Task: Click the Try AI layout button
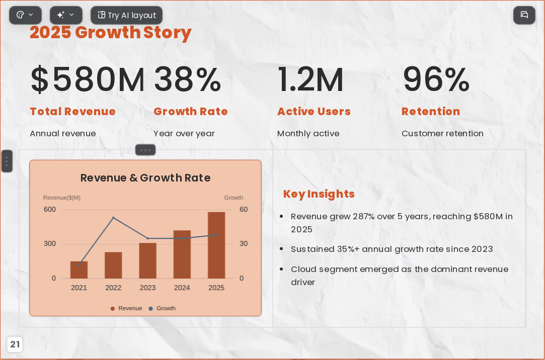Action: [x=126, y=15]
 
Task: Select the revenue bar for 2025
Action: [x=216, y=245]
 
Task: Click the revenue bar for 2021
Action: [x=79, y=269]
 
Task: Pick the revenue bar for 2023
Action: [x=148, y=261]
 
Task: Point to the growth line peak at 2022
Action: [x=113, y=218]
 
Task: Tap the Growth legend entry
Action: [x=162, y=308]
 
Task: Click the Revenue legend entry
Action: [x=126, y=308]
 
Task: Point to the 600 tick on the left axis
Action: [x=50, y=209]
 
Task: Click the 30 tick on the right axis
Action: [x=244, y=244]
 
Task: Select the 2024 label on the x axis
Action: [x=182, y=288]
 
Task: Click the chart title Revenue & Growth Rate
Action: [x=145, y=178]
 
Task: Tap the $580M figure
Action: [x=87, y=79]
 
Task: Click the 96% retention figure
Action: [x=436, y=79]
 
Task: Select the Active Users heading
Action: [x=314, y=112]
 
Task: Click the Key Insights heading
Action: [x=319, y=194]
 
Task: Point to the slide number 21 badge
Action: [x=15, y=344]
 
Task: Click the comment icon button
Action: [x=524, y=15]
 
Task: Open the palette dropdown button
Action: [x=25, y=15]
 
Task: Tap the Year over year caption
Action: [x=184, y=133]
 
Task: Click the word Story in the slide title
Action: [x=167, y=33]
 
